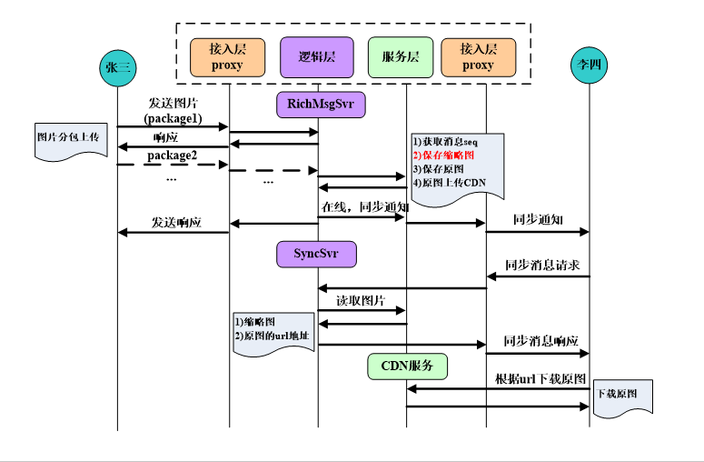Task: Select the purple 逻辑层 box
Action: [x=318, y=56]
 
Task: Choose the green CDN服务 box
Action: [x=408, y=367]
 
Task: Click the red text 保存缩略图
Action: [x=444, y=156]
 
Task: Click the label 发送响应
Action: [x=175, y=223]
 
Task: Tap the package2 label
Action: [x=174, y=155]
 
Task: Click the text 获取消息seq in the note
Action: [x=445, y=143]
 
